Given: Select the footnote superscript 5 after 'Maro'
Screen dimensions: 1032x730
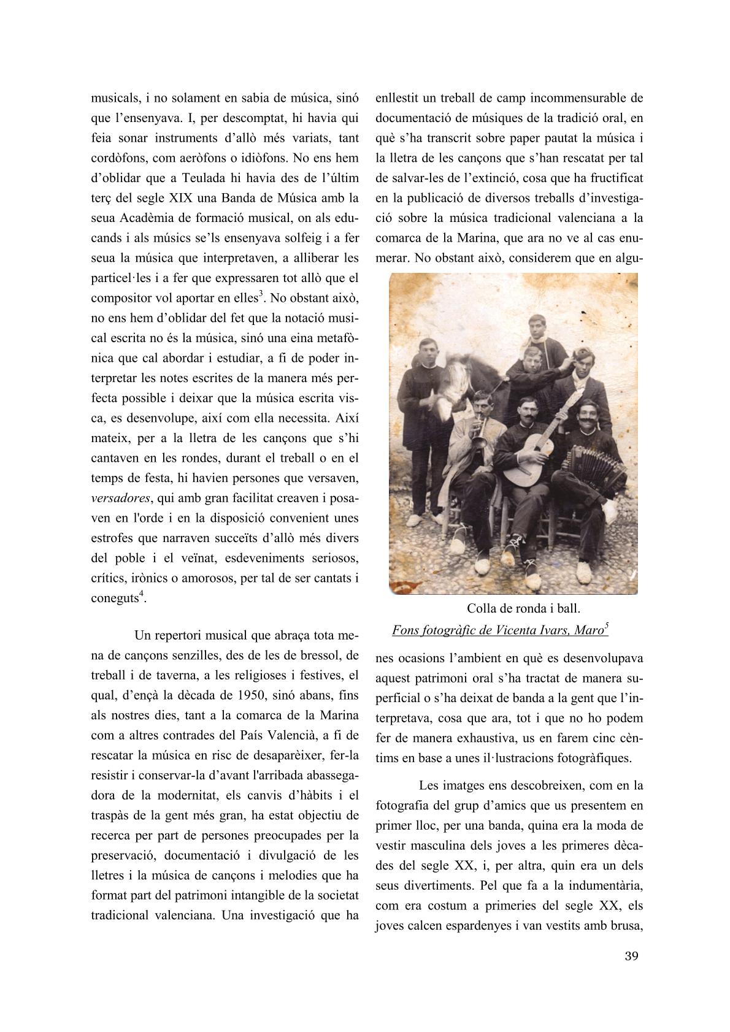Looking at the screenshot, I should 606,625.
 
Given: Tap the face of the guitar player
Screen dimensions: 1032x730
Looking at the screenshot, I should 525,410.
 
